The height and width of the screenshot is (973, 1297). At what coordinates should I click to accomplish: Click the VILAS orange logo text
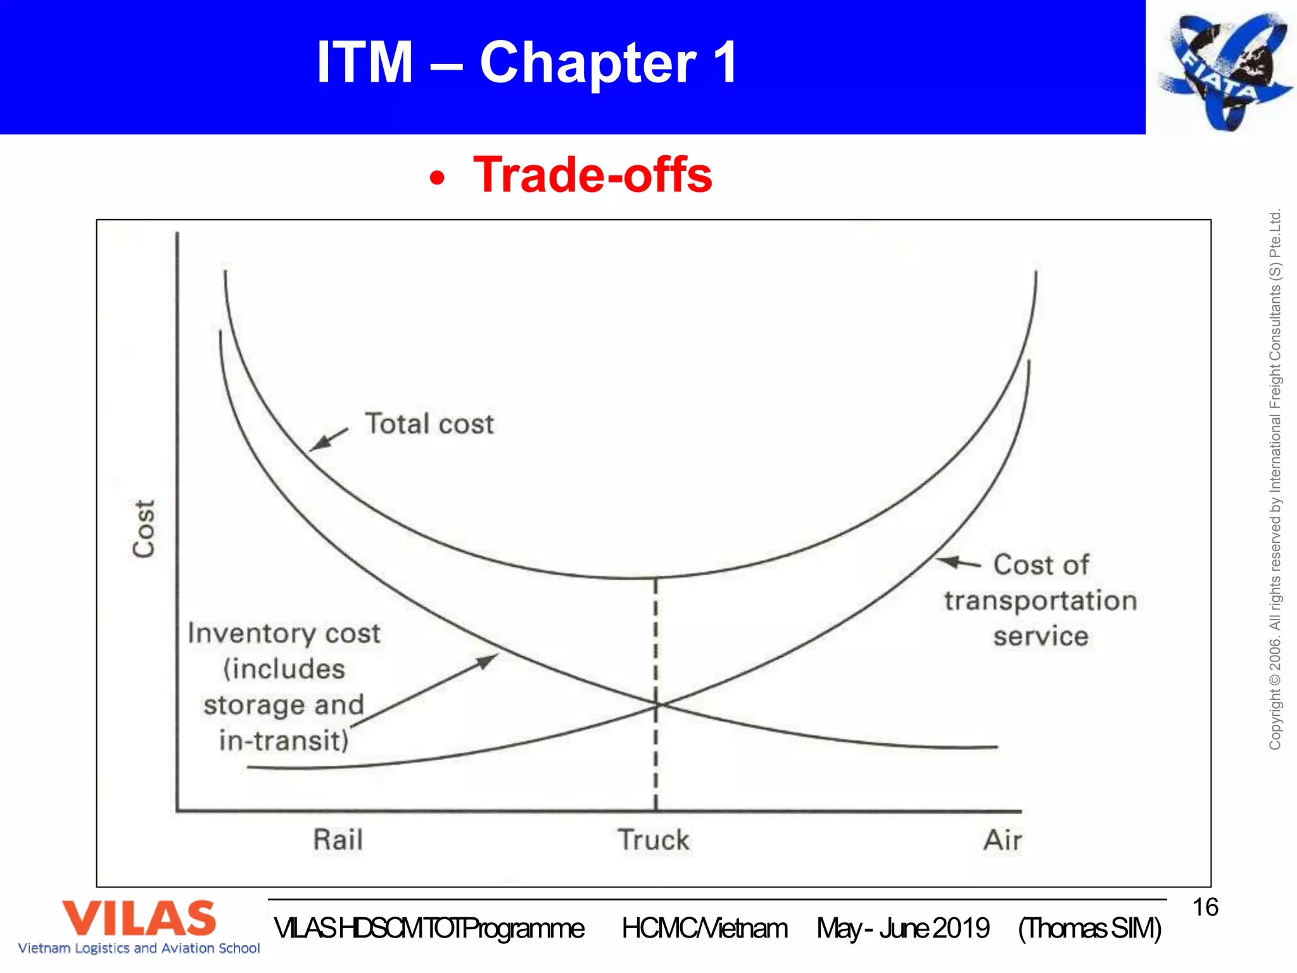[139, 919]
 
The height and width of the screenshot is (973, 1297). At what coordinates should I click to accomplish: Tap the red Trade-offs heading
[592, 175]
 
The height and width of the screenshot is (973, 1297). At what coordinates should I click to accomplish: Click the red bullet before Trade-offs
[437, 178]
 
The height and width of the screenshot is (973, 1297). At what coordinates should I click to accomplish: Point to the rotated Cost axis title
[144, 528]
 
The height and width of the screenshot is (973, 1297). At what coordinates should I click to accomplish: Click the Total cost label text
[429, 424]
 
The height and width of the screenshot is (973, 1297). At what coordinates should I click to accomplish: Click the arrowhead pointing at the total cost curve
[317, 444]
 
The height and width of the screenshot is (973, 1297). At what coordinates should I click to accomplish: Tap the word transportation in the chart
[1041, 601]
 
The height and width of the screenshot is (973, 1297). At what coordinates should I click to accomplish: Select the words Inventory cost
[284, 633]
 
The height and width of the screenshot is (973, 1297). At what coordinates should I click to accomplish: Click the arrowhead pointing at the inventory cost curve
[488, 661]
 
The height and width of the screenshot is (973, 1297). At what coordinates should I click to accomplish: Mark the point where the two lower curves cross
[657, 704]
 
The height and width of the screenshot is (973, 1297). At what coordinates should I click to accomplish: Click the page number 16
[1205, 907]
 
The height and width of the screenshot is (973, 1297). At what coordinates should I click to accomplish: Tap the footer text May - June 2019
[902, 929]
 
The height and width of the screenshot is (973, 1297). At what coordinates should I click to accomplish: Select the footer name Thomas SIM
[1090, 929]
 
